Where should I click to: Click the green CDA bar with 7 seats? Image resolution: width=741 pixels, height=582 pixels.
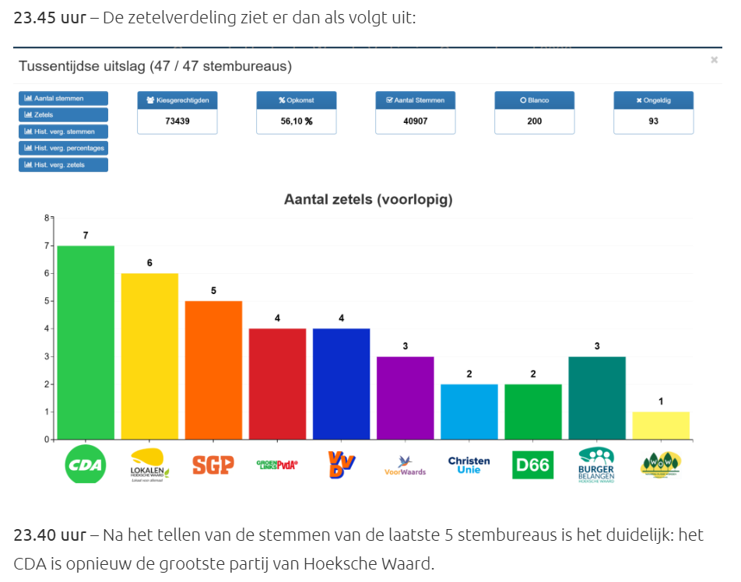86,342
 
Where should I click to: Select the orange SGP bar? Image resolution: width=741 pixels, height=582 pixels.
213,370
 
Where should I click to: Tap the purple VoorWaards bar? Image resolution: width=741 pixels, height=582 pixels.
405,398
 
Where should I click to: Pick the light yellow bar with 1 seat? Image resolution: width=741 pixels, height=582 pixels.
661,425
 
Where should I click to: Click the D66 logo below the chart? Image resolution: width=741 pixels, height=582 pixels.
532,465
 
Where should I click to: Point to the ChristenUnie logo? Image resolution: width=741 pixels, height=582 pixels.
469,465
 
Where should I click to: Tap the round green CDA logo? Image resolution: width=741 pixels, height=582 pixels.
85,465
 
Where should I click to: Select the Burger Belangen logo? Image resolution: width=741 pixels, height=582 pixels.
597,465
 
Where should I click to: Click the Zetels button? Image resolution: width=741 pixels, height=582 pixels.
63,115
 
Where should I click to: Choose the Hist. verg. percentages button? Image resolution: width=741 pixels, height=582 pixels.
63,148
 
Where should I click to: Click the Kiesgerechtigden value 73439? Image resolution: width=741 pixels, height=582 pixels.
177,121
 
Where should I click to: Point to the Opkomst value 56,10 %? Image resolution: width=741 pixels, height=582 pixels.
297,121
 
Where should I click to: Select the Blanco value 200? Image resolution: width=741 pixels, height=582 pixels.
534,121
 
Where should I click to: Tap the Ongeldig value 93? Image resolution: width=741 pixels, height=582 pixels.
653,121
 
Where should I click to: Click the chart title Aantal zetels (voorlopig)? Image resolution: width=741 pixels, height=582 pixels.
367,200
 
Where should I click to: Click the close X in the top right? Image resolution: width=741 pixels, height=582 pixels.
714,59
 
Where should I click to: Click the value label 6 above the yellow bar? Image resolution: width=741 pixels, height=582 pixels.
149,263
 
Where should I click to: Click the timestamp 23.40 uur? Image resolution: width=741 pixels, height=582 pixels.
49,535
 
